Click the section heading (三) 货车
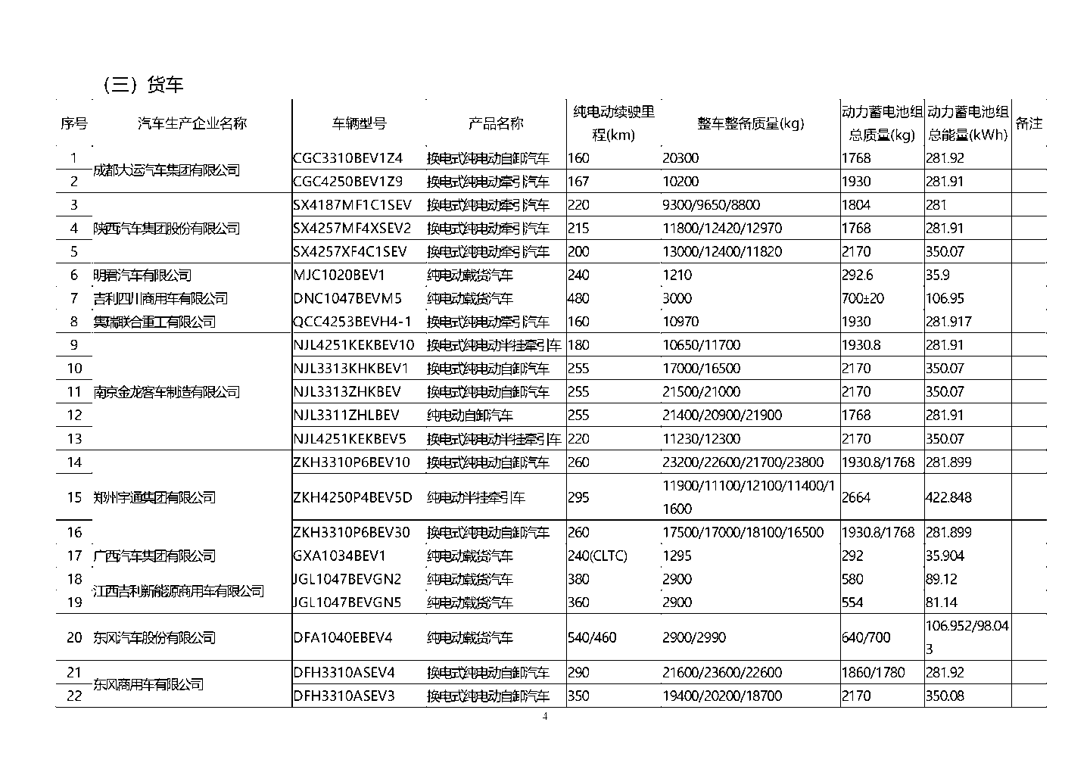[143, 84]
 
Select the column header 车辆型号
[360, 123]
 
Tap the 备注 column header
[1029, 123]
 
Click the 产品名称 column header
[496, 123]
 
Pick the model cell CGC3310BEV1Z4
[347, 158]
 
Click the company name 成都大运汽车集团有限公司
[166, 170]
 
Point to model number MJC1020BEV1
[338, 275]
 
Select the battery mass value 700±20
[862, 298]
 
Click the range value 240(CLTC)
[597, 556]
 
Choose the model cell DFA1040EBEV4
[342, 637]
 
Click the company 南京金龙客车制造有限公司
[166, 392]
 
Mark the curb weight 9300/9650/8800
[711, 205]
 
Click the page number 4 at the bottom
[544, 718]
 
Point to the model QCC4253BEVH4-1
[352, 322]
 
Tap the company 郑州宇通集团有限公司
[154, 497]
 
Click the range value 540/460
[592, 637]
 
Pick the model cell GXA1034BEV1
[339, 556]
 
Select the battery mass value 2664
[856, 497]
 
